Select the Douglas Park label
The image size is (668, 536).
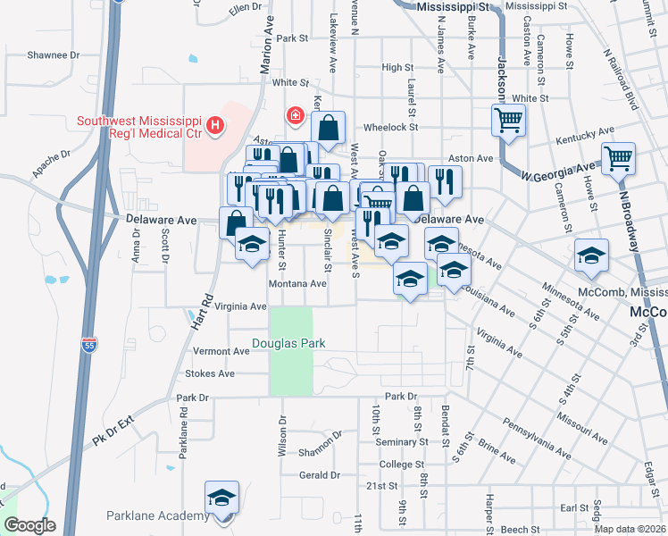tap(288, 343)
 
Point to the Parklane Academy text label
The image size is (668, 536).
tap(156, 515)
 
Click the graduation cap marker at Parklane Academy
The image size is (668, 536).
tap(222, 498)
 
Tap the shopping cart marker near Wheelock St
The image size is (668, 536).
tap(508, 120)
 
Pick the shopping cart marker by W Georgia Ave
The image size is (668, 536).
tap(618, 159)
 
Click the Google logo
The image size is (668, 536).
tap(29, 525)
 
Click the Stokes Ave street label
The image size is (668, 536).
tap(209, 374)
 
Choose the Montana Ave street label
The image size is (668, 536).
tap(297, 283)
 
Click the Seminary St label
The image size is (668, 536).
tap(396, 442)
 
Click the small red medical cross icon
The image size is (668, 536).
tap(293, 114)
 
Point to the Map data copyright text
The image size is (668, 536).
tap(629, 529)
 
